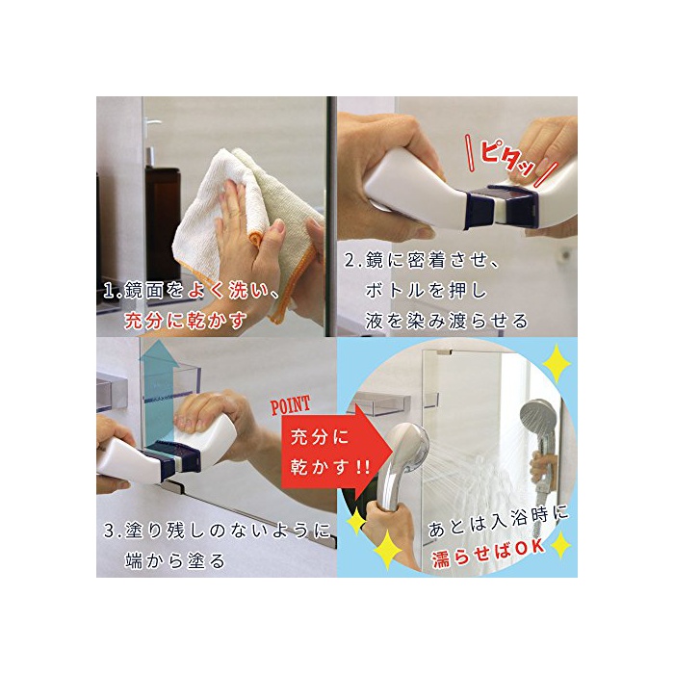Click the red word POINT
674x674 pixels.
[290, 405]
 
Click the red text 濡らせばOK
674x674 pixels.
[488, 554]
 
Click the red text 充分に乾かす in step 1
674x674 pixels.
[185, 321]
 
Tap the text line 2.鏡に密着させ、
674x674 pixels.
[423, 261]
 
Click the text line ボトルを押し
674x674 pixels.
[426, 291]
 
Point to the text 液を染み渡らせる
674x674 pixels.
[446, 321]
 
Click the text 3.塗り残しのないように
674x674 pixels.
[217, 531]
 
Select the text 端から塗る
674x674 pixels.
[175, 561]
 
